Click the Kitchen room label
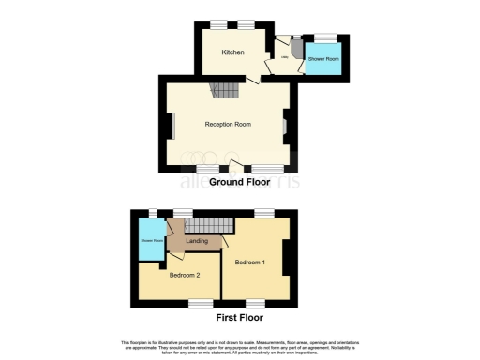point(232,52)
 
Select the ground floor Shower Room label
point(323,59)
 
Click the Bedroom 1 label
point(250,262)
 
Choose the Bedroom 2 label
point(186,276)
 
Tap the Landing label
point(198,242)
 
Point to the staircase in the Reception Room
point(224,91)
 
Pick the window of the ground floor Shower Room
point(325,36)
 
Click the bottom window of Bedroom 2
point(201,304)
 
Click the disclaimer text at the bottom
point(240,346)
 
